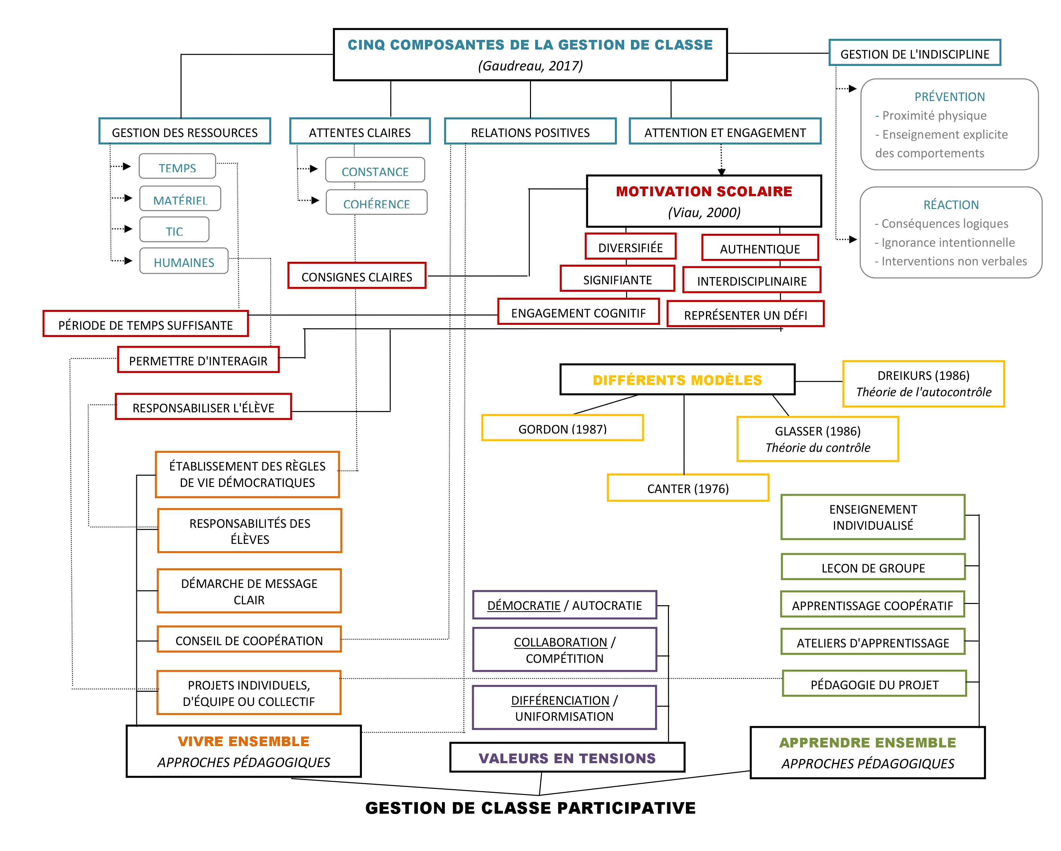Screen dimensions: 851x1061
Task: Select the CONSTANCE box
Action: coord(375,170)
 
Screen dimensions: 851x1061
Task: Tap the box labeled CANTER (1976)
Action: coord(688,488)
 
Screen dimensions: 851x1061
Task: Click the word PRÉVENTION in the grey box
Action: coord(949,96)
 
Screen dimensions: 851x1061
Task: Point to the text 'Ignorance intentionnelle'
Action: coord(948,242)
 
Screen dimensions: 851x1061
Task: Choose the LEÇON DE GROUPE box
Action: coord(873,567)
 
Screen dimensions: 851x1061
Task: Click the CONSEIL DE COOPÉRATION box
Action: coord(249,640)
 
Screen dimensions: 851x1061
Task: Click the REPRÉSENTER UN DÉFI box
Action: coord(745,315)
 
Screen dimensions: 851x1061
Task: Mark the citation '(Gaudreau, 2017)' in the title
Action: coord(530,66)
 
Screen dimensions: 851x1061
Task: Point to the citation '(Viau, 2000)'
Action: coord(704,212)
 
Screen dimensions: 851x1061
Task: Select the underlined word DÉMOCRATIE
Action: coord(524,605)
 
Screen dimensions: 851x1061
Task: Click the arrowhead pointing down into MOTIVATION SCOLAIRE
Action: coord(722,172)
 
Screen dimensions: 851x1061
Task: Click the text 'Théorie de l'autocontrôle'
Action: coord(923,392)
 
